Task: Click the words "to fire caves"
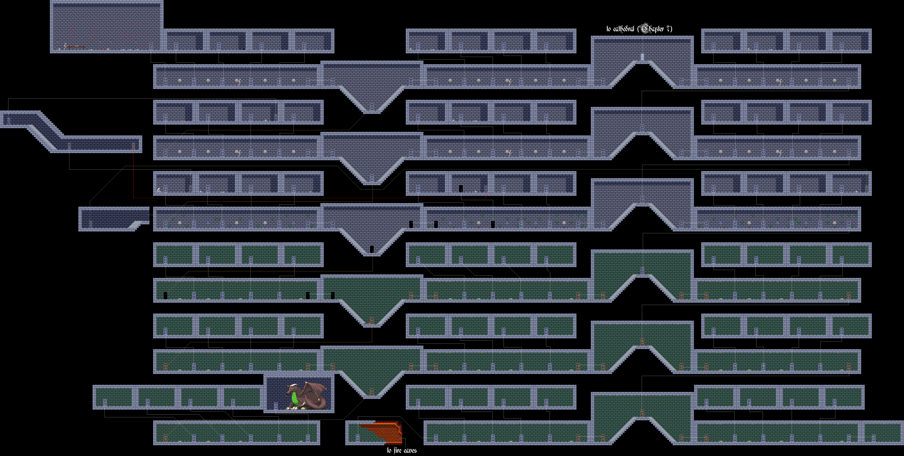pos(402,450)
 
